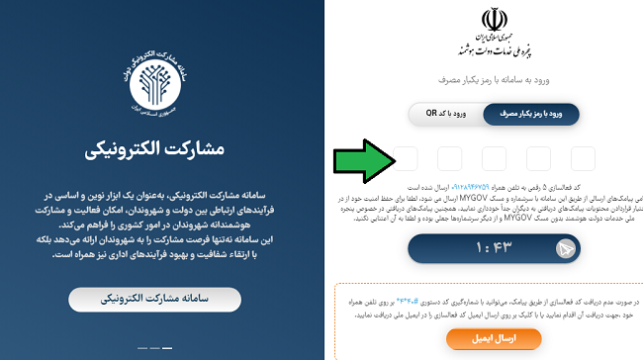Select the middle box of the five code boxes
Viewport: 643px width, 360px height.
click(x=494, y=158)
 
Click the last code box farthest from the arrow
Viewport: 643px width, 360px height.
click(x=583, y=158)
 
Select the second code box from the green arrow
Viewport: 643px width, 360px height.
click(x=449, y=158)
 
